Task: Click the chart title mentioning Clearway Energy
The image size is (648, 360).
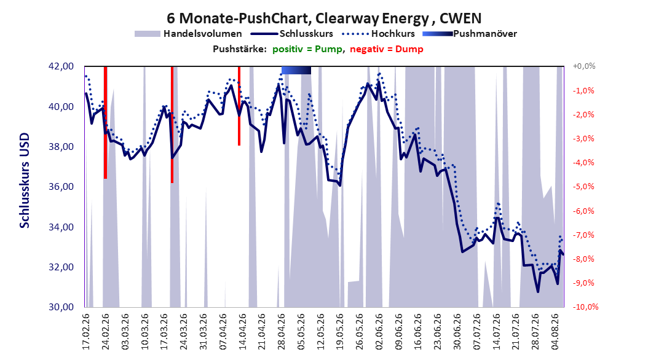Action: point(324,18)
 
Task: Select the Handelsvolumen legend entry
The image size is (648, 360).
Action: point(189,34)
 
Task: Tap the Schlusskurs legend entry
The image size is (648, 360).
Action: point(292,34)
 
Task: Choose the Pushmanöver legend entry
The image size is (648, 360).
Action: point(470,34)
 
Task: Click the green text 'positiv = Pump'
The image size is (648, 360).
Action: point(307,49)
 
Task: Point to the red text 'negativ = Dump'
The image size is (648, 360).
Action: point(387,49)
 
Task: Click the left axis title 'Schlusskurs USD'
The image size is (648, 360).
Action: point(25,181)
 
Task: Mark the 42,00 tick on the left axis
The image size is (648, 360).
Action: point(61,66)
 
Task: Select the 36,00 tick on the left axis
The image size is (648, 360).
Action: point(61,187)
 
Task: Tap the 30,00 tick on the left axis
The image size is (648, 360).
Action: point(61,307)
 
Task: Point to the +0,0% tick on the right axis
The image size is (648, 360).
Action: point(584,66)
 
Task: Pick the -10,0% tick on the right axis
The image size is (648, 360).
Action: point(585,307)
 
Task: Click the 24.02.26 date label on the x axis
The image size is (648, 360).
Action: point(105,332)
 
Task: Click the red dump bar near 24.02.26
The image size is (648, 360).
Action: point(105,123)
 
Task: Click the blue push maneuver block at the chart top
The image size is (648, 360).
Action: point(296,70)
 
